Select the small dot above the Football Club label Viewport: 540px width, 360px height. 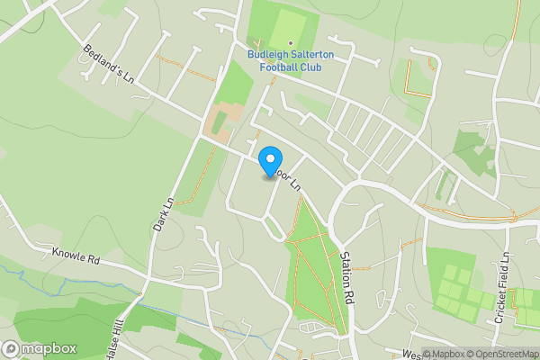[290, 43]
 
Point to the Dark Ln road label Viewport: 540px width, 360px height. [162, 216]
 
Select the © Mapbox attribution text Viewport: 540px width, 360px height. [445, 353]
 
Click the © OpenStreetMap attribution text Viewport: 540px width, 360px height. [498, 353]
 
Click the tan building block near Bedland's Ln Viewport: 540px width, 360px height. [221, 121]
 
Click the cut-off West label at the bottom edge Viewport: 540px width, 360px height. [411, 355]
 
